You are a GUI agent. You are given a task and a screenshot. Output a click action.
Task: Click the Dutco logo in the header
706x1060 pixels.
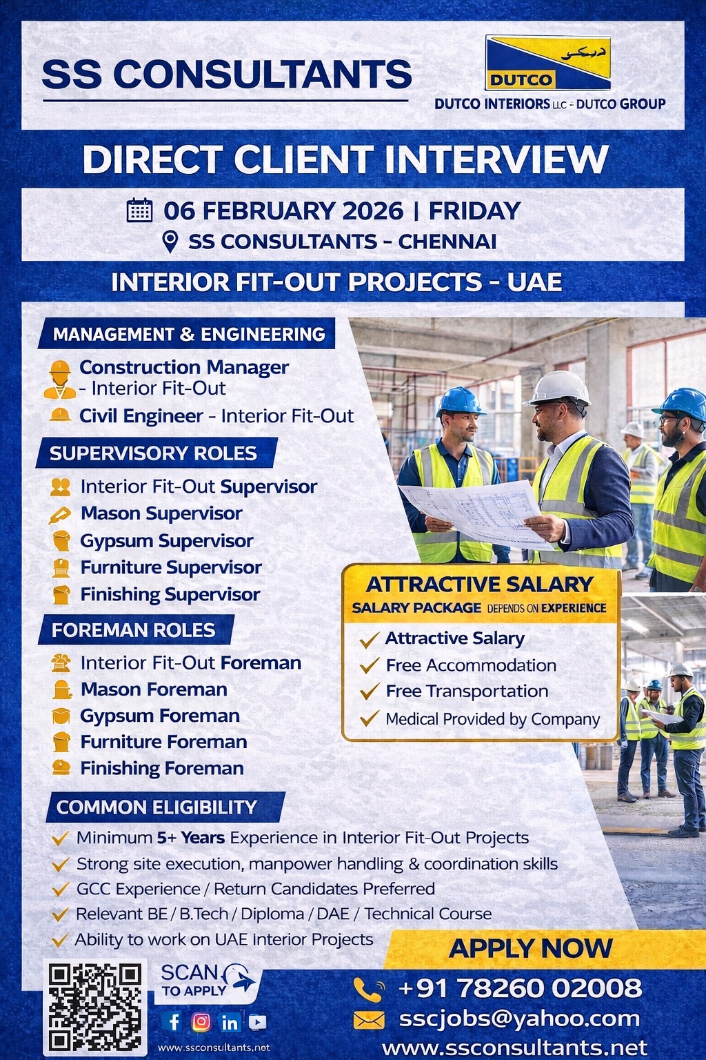(547, 63)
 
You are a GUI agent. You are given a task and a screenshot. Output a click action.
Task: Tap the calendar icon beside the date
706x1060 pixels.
(139, 210)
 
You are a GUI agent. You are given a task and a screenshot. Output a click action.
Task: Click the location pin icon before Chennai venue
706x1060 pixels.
(170, 242)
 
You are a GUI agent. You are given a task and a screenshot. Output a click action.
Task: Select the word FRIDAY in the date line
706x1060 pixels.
(474, 210)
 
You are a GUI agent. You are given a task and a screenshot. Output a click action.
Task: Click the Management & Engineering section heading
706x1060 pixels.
(188, 334)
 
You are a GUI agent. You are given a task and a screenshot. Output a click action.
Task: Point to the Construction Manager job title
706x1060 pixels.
(183, 367)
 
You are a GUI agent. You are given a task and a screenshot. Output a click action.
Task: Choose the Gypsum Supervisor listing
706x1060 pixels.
(166, 540)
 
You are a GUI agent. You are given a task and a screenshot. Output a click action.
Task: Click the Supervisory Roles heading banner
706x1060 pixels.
(153, 453)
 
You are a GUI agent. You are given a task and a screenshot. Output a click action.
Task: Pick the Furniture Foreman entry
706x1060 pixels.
(163, 742)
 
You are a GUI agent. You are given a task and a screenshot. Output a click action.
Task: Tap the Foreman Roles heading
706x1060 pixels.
(133, 630)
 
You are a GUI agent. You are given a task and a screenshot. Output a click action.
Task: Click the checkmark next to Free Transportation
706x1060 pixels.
(370, 691)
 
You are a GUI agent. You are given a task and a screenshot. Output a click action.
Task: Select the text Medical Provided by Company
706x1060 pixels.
(492, 719)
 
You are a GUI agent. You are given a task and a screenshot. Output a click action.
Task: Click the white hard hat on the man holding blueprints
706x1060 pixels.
(559, 387)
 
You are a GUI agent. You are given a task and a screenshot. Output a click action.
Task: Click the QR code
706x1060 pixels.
(94, 1007)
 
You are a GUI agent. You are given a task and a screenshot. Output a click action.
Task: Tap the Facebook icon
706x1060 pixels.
(174, 1021)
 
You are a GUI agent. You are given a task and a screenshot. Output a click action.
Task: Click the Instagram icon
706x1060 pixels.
(201, 1021)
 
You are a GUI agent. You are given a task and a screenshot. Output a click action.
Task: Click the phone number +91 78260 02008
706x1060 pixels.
(520, 988)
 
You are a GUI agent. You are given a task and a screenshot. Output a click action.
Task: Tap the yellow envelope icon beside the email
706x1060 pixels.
(369, 1020)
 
